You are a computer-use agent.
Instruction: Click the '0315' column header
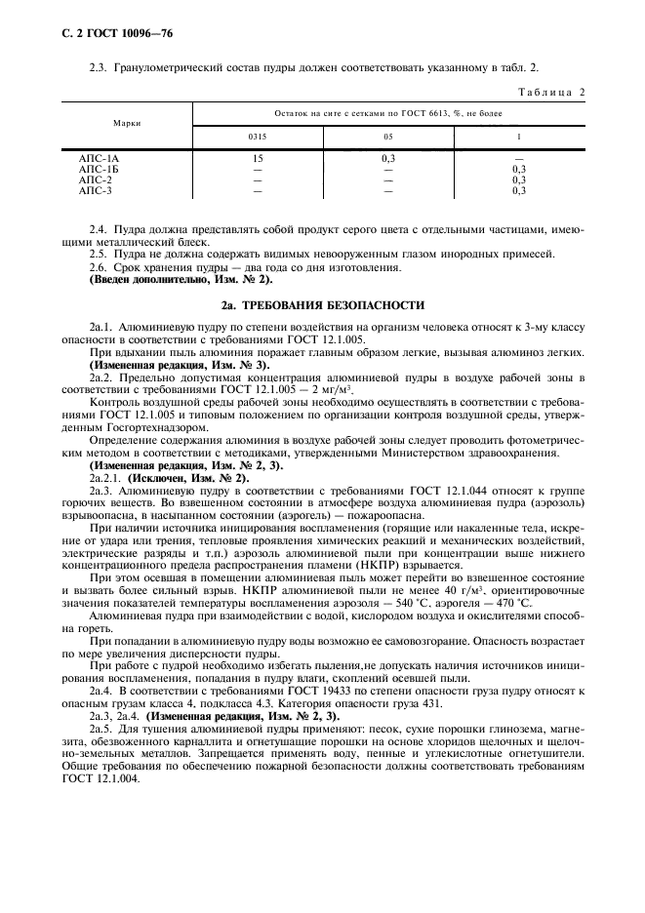point(258,137)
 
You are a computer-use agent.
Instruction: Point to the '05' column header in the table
point(387,137)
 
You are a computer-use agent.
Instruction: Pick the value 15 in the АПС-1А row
point(258,157)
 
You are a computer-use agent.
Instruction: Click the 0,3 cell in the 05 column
point(387,157)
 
